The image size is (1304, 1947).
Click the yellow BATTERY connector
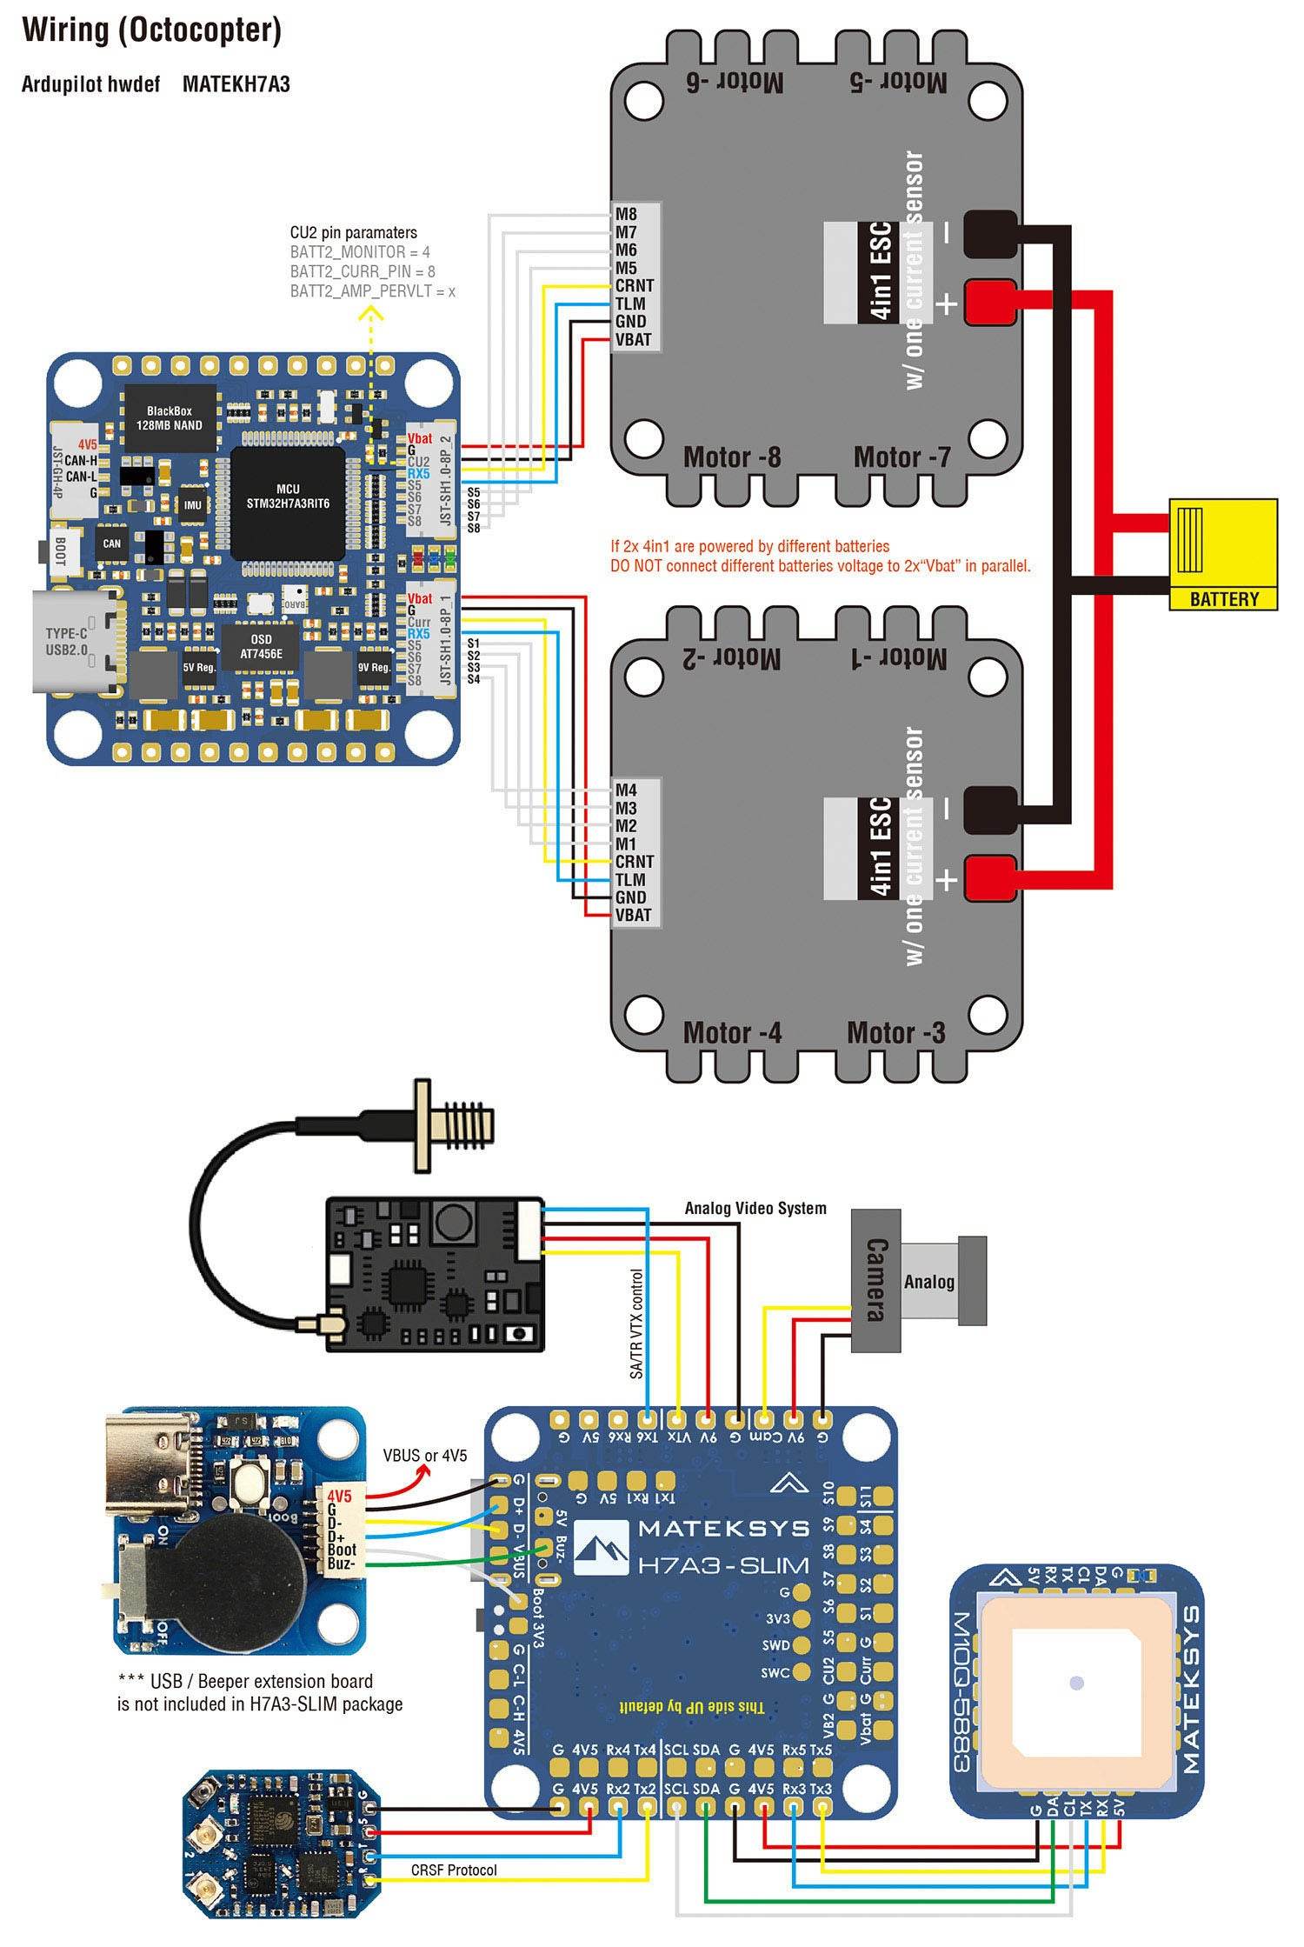[1222, 553]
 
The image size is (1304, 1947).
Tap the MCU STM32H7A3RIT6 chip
[288, 497]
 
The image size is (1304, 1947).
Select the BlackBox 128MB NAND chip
[169, 418]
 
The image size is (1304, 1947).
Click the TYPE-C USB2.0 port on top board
[73, 642]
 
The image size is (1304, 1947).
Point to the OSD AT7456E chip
[261, 647]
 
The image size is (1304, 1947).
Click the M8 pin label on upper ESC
[626, 214]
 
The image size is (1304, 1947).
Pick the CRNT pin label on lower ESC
[634, 861]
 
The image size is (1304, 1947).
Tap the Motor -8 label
[731, 457]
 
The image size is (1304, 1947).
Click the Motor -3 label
[895, 1033]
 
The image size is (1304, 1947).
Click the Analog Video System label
[755, 1208]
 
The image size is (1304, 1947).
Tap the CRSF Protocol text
[454, 1870]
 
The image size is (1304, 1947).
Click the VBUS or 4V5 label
[425, 1456]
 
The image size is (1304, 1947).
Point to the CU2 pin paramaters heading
[353, 232]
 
